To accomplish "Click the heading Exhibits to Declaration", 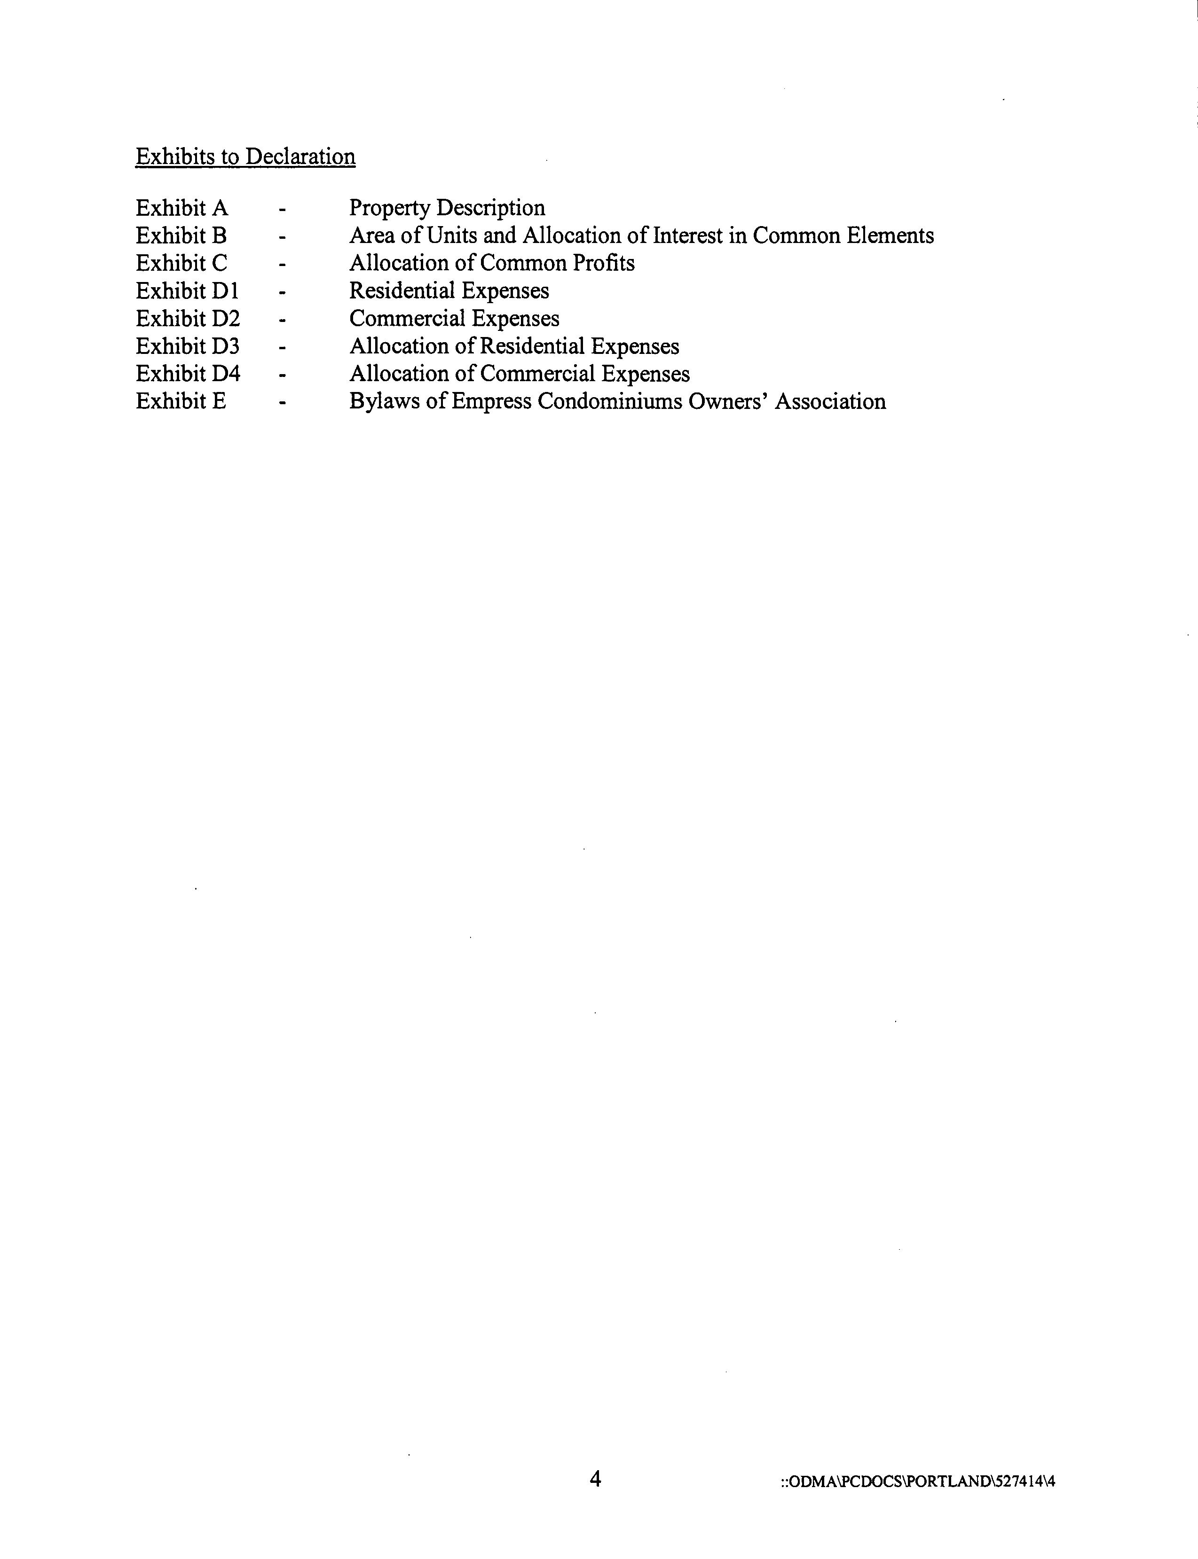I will (x=245, y=157).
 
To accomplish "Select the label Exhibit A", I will (x=182, y=208).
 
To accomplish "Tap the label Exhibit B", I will (x=181, y=236).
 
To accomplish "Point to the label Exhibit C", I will (x=181, y=264).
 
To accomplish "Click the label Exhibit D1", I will (x=187, y=291).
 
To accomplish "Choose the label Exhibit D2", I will (x=188, y=319).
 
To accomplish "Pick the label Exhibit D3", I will (x=188, y=346).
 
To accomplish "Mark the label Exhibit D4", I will (x=188, y=374).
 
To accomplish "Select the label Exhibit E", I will (x=181, y=401).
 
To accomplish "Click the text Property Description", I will (x=447, y=208).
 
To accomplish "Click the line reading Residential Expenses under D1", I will (x=449, y=291).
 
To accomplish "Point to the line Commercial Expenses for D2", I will (x=454, y=319).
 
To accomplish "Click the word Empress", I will (x=491, y=402).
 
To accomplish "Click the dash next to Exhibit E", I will (x=283, y=403).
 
